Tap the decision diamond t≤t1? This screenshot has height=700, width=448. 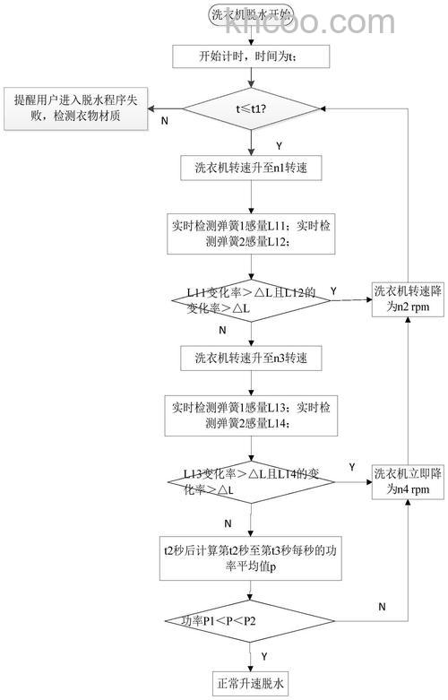[251, 111]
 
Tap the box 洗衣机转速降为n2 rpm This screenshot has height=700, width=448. [408, 298]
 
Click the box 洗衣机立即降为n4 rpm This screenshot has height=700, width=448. [408, 481]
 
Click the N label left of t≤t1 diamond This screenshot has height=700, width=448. [163, 119]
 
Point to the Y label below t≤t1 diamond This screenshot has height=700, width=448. [279, 144]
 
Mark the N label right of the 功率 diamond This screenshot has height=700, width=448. [382, 607]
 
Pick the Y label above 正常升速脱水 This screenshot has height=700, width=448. [264, 655]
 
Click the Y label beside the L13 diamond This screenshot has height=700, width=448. [351, 467]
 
